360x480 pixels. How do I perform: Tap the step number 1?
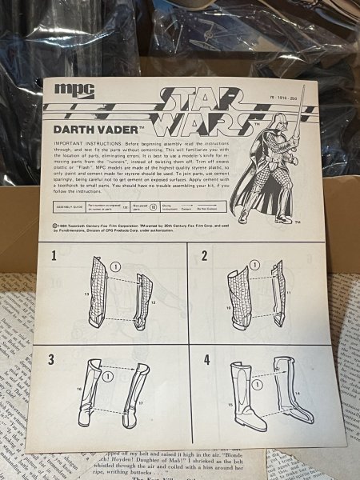54,256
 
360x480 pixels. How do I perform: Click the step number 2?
205,255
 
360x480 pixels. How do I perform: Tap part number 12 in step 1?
153,304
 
